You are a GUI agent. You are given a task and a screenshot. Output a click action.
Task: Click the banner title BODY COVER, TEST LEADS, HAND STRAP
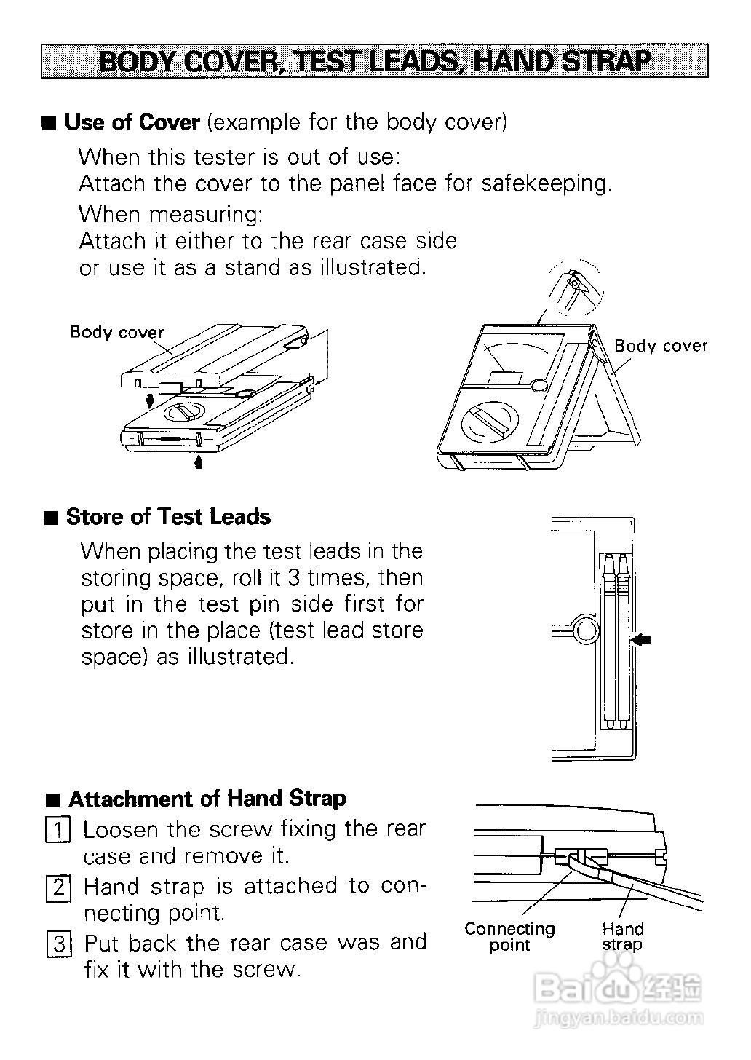pyautogui.click(x=375, y=61)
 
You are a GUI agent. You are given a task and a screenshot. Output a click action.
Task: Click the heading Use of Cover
pyautogui.click(x=132, y=122)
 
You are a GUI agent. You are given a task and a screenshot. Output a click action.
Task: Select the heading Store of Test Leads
pyautogui.click(x=168, y=517)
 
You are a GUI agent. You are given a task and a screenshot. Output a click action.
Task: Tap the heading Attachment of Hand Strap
pyautogui.click(x=207, y=799)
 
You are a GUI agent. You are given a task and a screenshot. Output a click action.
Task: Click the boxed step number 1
pyautogui.click(x=58, y=830)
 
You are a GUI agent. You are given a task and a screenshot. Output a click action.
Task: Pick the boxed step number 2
pyautogui.click(x=58, y=887)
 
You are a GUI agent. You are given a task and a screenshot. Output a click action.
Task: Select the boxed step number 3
pyautogui.click(x=58, y=944)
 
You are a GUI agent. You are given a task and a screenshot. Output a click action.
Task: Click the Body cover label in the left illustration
pyautogui.click(x=117, y=332)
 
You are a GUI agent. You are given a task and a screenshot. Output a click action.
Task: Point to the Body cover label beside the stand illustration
pyautogui.click(x=661, y=346)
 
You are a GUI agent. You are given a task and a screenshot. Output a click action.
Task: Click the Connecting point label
pyautogui.click(x=509, y=937)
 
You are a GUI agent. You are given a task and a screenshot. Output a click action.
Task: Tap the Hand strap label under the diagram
pyautogui.click(x=623, y=937)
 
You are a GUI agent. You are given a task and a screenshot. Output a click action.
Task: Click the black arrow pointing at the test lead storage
pyautogui.click(x=642, y=640)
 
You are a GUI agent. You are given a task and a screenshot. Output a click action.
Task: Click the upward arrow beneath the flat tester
pyautogui.click(x=198, y=461)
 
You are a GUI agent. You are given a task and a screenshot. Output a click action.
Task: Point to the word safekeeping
pyautogui.click(x=546, y=183)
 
